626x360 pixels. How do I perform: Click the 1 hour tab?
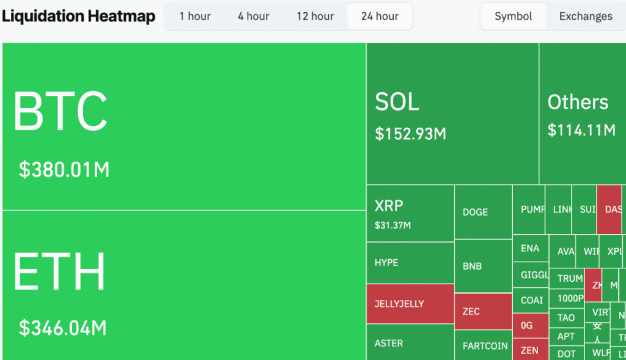pos(195,17)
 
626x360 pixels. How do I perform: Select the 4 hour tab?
pos(254,17)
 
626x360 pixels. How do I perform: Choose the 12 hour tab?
pos(315,17)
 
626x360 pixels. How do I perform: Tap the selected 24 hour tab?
pos(380,17)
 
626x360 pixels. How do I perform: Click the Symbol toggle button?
pos(513,17)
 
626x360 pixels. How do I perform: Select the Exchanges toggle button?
pos(585,17)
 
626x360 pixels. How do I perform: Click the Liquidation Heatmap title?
pos(78,17)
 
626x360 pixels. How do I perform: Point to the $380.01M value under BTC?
pos(64,169)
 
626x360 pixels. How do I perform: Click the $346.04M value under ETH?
pos(63,328)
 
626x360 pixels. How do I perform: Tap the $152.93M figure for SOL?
pos(411,134)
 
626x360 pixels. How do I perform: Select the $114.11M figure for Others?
pos(581,130)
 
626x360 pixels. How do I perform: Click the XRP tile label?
pos(389,205)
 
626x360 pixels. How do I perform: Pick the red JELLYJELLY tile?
pos(410,304)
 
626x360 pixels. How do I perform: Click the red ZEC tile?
pos(483,311)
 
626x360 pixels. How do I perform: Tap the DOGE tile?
pos(483,212)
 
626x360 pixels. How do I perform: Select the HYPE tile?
pos(410,263)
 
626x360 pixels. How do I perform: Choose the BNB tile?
pos(483,266)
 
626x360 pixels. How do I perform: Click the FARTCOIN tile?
pos(484,346)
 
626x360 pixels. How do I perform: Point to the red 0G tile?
pos(530,325)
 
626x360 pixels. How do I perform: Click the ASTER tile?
pos(410,343)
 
